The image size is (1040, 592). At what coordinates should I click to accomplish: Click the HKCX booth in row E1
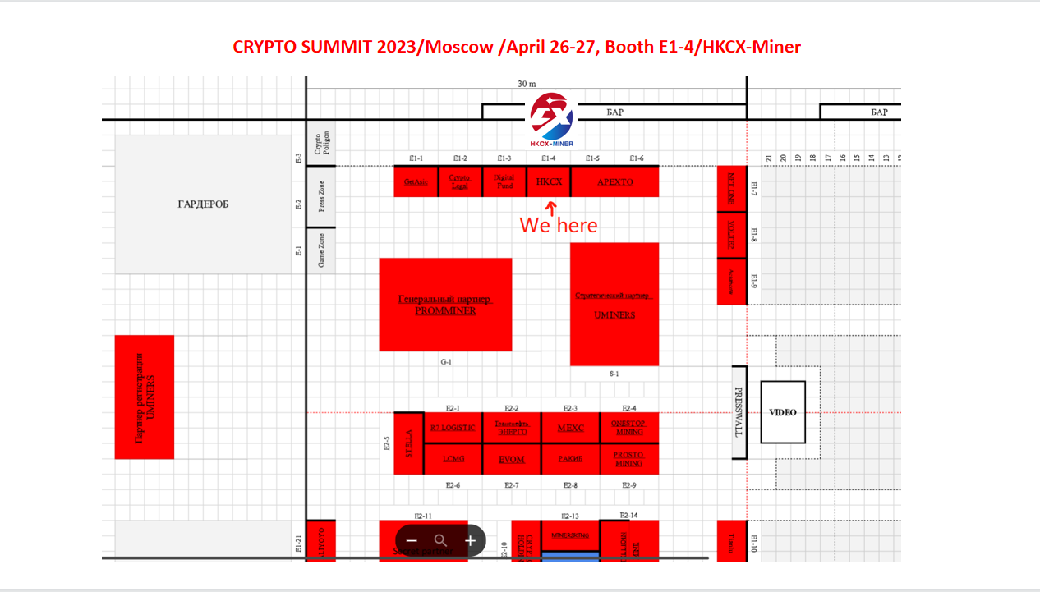[x=549, y=181]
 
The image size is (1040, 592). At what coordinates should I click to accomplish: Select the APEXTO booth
[x=614, y=181]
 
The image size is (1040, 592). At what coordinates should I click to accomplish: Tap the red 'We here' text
[x=559, y=224]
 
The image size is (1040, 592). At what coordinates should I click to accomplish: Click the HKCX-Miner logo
[x=551, y=120]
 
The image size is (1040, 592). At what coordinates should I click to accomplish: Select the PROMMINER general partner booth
[x=445, y=305]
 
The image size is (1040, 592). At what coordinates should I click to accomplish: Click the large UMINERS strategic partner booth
[x=614, y=305]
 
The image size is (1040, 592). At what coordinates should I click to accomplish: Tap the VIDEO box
[x=782, y=412]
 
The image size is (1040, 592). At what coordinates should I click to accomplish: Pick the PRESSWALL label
[x=739, y=412]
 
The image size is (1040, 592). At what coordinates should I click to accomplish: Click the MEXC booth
[x=570, y=428]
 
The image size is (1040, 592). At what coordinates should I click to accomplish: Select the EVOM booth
[x=511, y=459]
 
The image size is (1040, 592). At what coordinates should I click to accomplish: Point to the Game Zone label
[x=321, y=250]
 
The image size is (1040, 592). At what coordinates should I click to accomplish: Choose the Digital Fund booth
[x=504, y=181]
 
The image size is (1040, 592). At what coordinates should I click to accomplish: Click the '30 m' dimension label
[x=527, y=84]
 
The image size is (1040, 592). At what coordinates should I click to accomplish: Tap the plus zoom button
[x=471, y=541]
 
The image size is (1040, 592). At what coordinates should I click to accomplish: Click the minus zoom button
[x=412, y=541]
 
